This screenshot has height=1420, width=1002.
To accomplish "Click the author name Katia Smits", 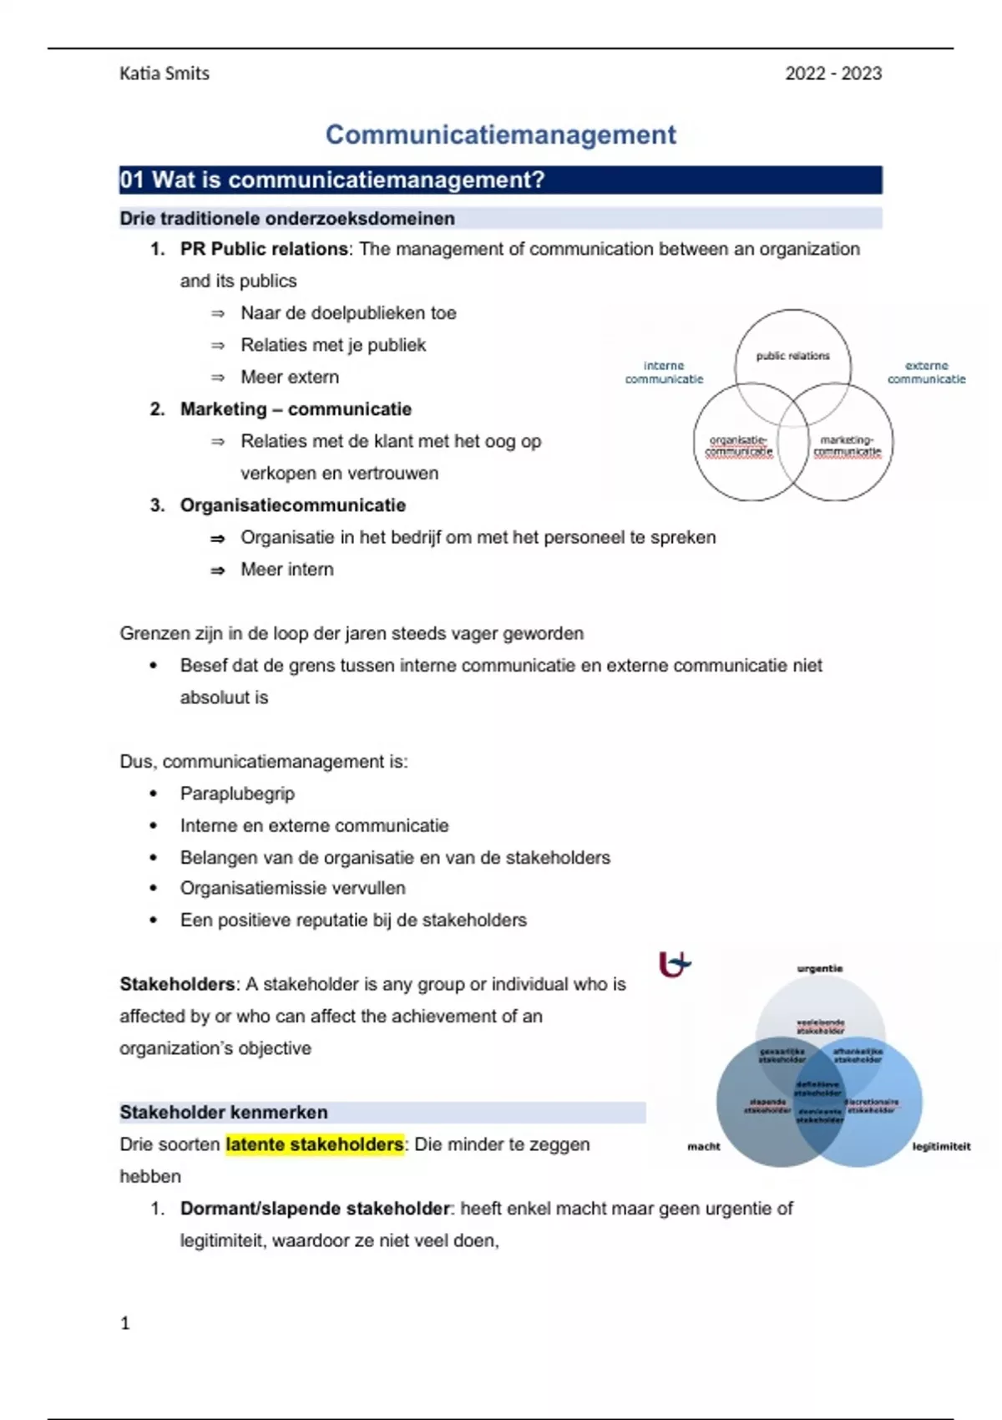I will coord(164,74).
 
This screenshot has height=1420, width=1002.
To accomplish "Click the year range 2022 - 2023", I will coord(832,74).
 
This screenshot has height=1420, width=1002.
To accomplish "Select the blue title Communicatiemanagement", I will coord(500,134).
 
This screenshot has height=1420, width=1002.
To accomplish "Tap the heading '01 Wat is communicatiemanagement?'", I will coord(331,180).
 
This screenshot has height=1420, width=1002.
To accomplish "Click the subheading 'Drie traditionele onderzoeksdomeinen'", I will coord(287,219).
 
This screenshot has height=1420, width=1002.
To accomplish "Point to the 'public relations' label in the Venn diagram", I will coord(792,356).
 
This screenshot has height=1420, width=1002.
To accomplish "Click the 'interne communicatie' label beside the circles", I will coord(664,373).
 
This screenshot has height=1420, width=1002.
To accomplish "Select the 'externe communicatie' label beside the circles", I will coord(926,373).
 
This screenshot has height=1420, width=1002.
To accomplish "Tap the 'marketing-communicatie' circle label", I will coord(847,446).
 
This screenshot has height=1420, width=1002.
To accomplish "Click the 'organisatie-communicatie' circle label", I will coord(738,446).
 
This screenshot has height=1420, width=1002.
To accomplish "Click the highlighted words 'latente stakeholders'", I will coord(314,1144).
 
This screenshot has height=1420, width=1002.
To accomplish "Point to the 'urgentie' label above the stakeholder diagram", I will coord(820,969).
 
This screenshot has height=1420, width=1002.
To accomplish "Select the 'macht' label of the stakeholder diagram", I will coord(703,1147).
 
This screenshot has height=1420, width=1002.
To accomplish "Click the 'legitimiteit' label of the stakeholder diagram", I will coord(941,1147).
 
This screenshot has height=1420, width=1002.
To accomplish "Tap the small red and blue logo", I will coord(675,965).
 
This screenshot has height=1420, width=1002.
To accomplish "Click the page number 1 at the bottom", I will coord(125,1323).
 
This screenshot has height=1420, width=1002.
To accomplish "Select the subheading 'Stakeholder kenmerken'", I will coord(224,1113).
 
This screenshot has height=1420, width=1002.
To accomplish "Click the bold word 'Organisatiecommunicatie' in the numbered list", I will coord(293,505).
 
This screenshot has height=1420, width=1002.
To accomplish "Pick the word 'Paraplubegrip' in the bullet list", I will coord(237,794).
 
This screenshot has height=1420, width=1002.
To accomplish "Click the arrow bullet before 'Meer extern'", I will coord(218,378).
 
